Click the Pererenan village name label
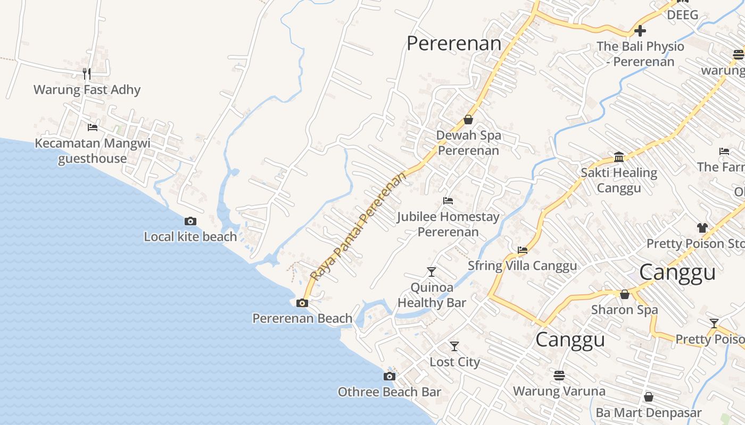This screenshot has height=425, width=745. click(454, 44)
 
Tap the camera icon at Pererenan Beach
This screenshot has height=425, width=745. click(302, 303)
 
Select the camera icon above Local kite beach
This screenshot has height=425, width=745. click(191, 222)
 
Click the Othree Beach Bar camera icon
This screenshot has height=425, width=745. click(390, 377)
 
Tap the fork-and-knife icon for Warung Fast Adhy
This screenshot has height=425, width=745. click(87, 73)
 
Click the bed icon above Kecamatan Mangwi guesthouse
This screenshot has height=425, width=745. click(93, 127)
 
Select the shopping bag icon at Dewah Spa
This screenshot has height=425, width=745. click(468, 120)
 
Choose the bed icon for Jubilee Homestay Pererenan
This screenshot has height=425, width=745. click(448, 201)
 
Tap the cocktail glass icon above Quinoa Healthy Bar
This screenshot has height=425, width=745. click(432, 272)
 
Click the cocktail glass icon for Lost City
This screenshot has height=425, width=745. click(454, 346)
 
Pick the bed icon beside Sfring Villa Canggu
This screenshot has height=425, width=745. click(523, 250)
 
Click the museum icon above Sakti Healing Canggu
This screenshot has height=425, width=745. click(619, 157)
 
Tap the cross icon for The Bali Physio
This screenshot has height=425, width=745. click(640, 31)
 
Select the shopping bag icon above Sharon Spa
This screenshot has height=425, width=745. click(625, 294)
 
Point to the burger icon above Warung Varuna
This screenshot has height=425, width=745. click(559, 376)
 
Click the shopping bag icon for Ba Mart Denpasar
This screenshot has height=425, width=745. click(649, 397)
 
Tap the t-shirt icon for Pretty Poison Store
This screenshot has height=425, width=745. click(702, 228)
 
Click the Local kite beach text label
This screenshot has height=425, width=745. click(191, 237)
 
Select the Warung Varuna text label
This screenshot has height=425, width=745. click(559, 392)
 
